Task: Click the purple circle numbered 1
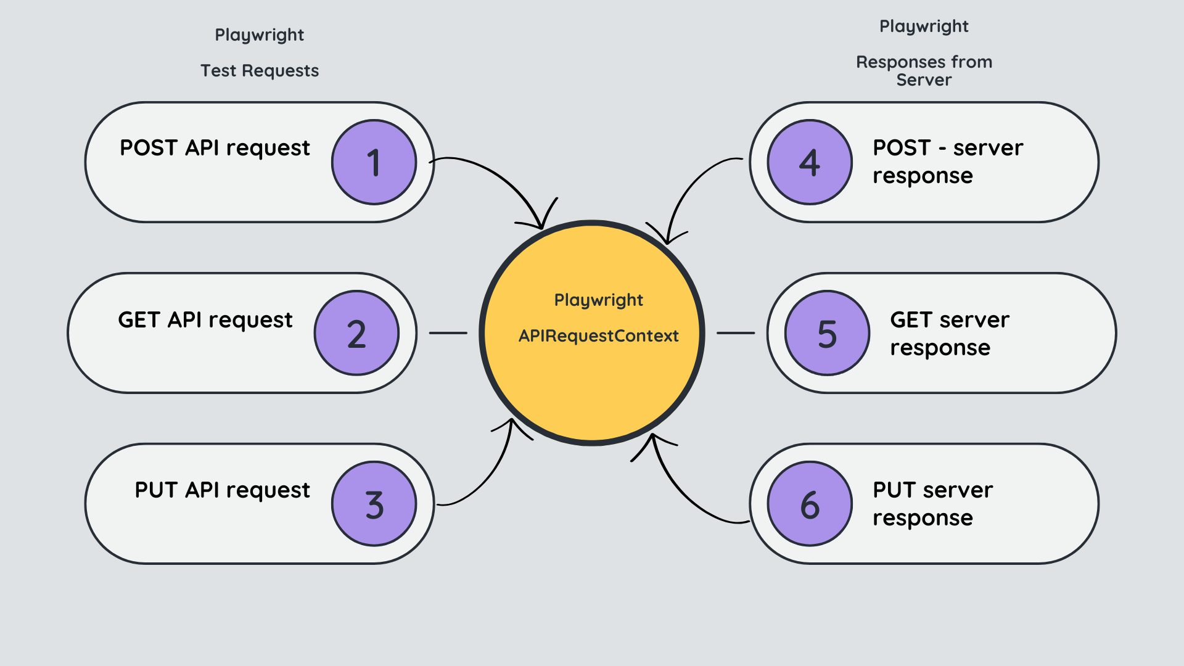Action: click(374, 162)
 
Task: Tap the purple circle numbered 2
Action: click(356, 333)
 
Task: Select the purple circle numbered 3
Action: click(374, 504)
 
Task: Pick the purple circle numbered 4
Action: click(810, 162)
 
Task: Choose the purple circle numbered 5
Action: click(827, 333)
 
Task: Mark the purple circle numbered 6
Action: click(810, 504)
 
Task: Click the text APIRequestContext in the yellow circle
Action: click(598, 336)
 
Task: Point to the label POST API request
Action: click(215, 148)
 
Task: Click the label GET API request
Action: click(205, 320)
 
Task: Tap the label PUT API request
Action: click(222, 490)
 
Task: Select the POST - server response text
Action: click(947, 162)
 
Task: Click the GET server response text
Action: click(949, 334)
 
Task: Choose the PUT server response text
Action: click(932, 504)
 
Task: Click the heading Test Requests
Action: click(260, 71)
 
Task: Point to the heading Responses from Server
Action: click(924, 71)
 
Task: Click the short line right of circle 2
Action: click(448, 333)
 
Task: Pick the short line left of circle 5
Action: click(736, 333)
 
